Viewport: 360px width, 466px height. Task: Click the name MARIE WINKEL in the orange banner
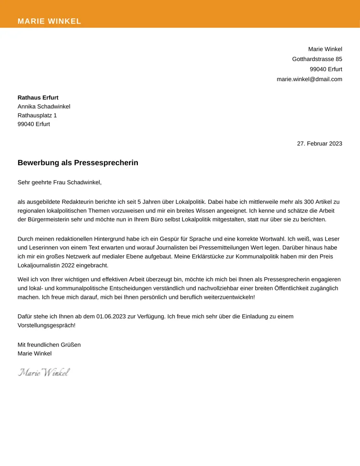click(49, 21)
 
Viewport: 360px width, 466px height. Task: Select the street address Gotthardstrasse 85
click(317, 59)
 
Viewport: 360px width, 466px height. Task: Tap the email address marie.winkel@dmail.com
click(309, 79)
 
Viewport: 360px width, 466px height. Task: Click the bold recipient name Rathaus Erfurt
click(38, 98)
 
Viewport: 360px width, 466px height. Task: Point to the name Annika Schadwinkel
click(44, 107)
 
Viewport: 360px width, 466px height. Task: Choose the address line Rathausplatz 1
click(37, 115)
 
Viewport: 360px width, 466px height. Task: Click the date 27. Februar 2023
click(319, 143)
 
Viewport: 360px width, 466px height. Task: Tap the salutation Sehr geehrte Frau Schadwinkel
click(60, 183)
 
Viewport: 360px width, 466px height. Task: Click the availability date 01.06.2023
click(112, 317)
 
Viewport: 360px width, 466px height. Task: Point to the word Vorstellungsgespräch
click(46, 325)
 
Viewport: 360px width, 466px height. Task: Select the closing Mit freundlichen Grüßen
click(49, 344)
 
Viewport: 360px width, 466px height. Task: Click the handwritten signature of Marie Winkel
click(44, 372)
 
